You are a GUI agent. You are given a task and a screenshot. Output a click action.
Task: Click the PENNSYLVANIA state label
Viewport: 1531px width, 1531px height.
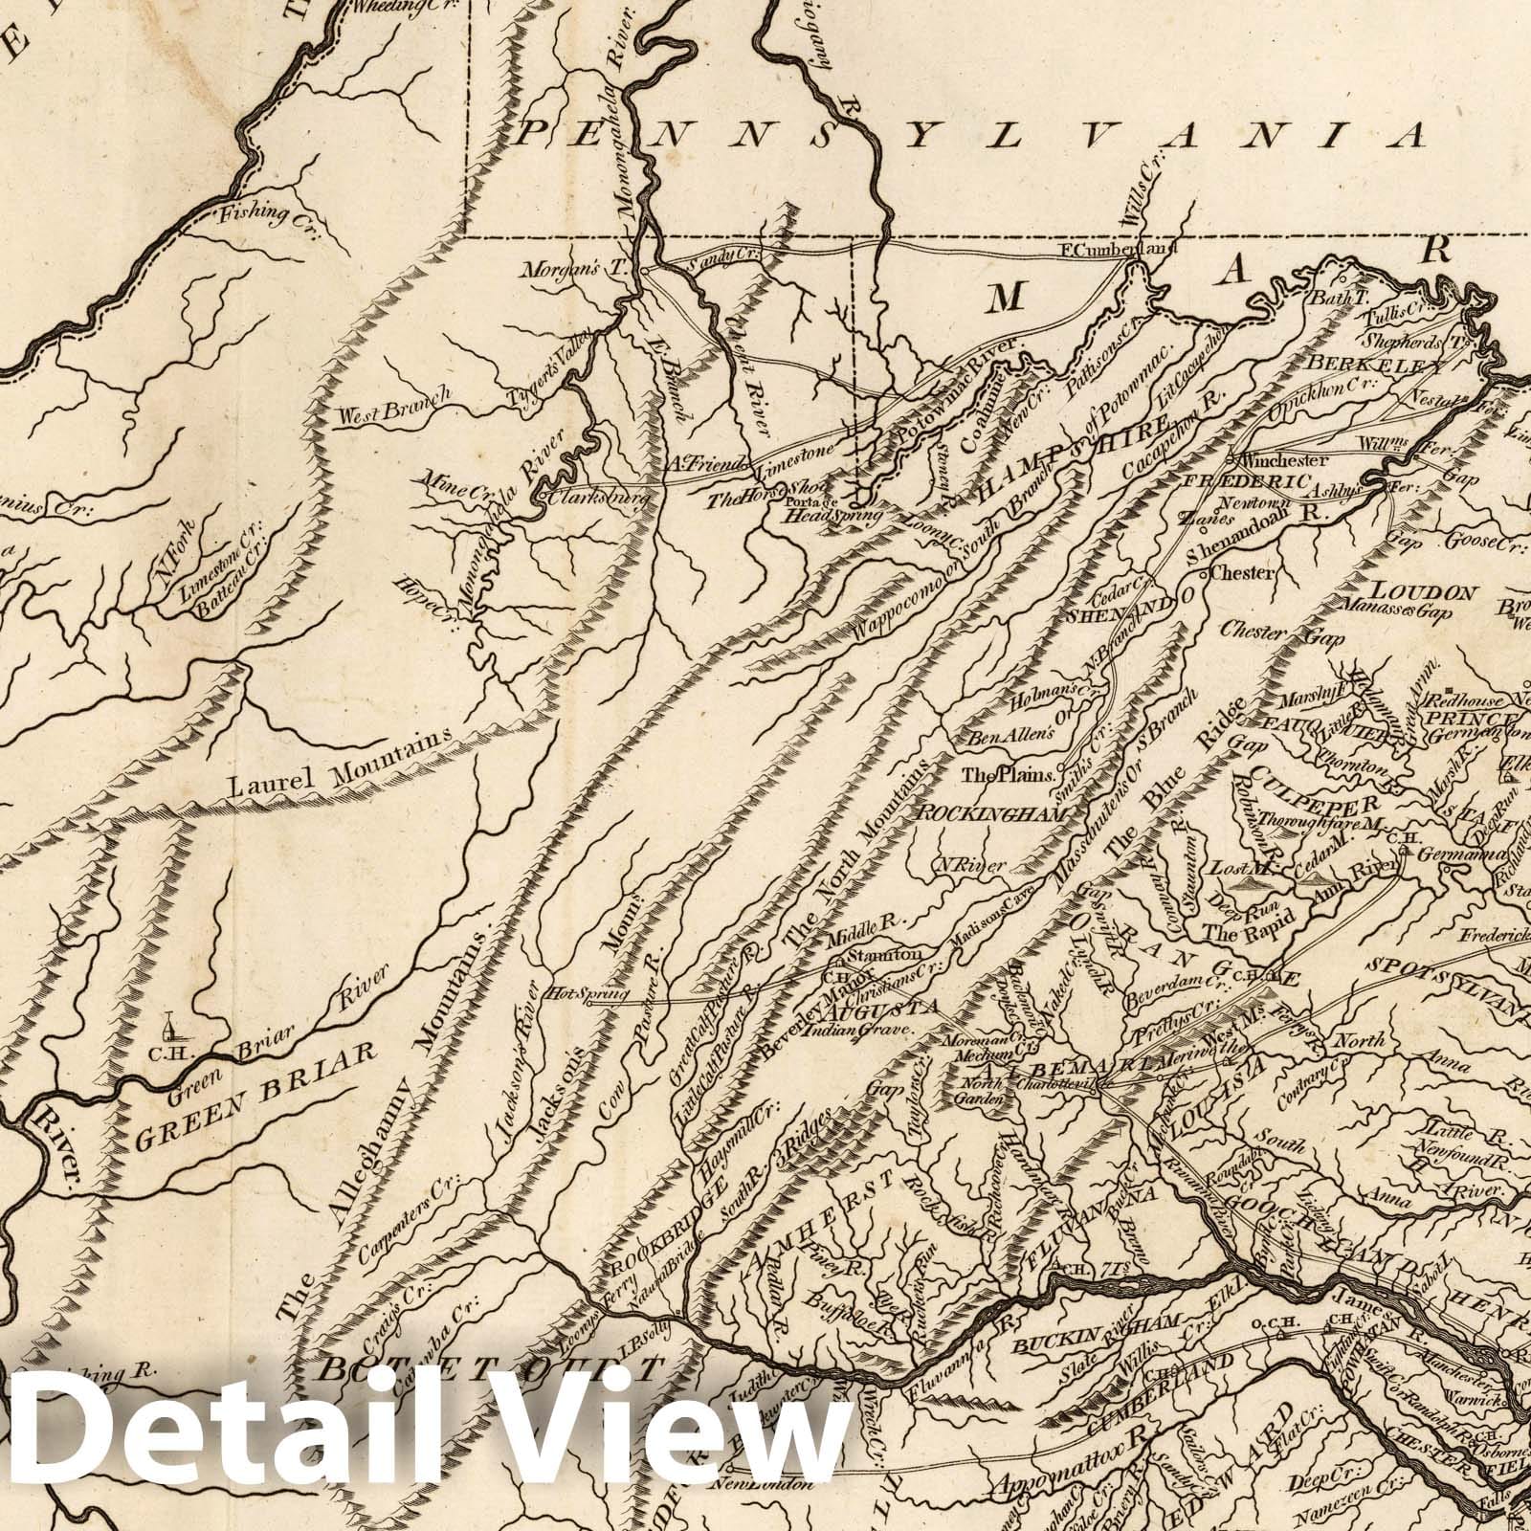966,135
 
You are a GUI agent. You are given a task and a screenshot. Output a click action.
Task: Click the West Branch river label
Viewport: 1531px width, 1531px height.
392,410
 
